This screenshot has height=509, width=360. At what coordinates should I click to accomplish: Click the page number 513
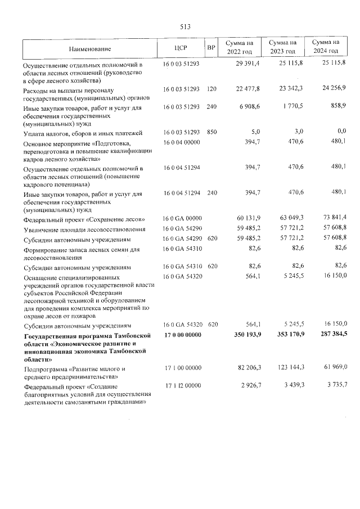(x=186, y=26)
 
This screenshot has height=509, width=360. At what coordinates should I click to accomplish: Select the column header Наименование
(x=89, y=49)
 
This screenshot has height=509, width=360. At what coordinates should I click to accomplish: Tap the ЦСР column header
(x=181, y=48)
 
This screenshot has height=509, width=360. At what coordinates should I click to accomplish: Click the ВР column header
(x=211, y=48)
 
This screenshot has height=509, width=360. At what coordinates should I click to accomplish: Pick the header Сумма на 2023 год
(x=282, y=47)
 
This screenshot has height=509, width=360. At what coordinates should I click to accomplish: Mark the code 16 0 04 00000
(x=181, y=143)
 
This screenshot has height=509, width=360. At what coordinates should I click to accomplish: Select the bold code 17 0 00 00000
(x=182, y=336)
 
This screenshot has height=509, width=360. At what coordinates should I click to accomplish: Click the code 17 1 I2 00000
(x=181, y=386)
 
